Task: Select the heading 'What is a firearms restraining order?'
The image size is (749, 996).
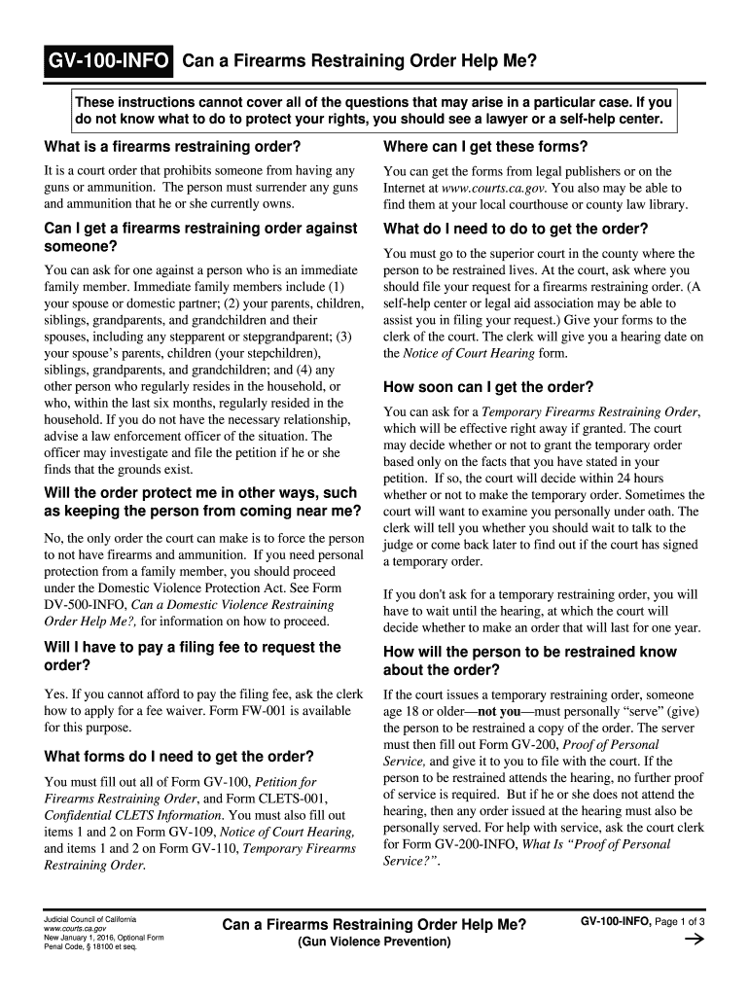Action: tap(172, 147)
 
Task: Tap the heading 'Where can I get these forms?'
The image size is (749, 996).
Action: tap(485, 147)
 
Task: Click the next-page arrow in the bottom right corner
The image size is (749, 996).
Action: tap(695, 940)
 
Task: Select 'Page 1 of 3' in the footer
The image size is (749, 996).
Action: tap(679, 921)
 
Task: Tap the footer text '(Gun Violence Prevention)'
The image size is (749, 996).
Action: tap(374, 943)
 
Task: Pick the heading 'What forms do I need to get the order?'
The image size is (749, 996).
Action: tap(179, 756)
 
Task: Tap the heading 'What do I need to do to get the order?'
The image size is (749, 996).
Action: tap(516, 230)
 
